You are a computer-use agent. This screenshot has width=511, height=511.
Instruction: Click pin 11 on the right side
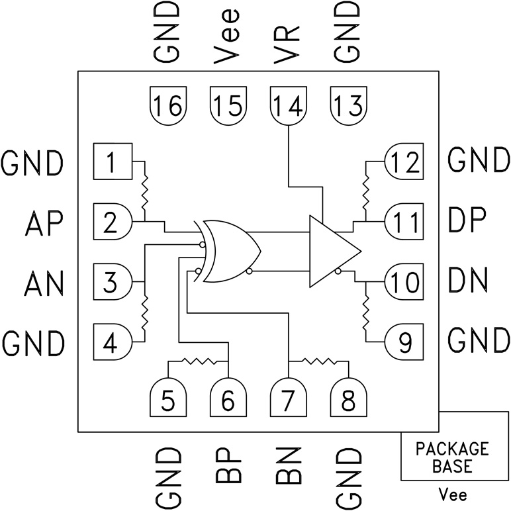[404, 219]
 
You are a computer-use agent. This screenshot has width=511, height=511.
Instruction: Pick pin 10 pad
[404, 282]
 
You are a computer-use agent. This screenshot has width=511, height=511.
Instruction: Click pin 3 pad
[114, 282]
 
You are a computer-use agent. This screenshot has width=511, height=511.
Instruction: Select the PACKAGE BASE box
[453, 457]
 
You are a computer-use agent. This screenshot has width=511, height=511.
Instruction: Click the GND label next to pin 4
[33, 342]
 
